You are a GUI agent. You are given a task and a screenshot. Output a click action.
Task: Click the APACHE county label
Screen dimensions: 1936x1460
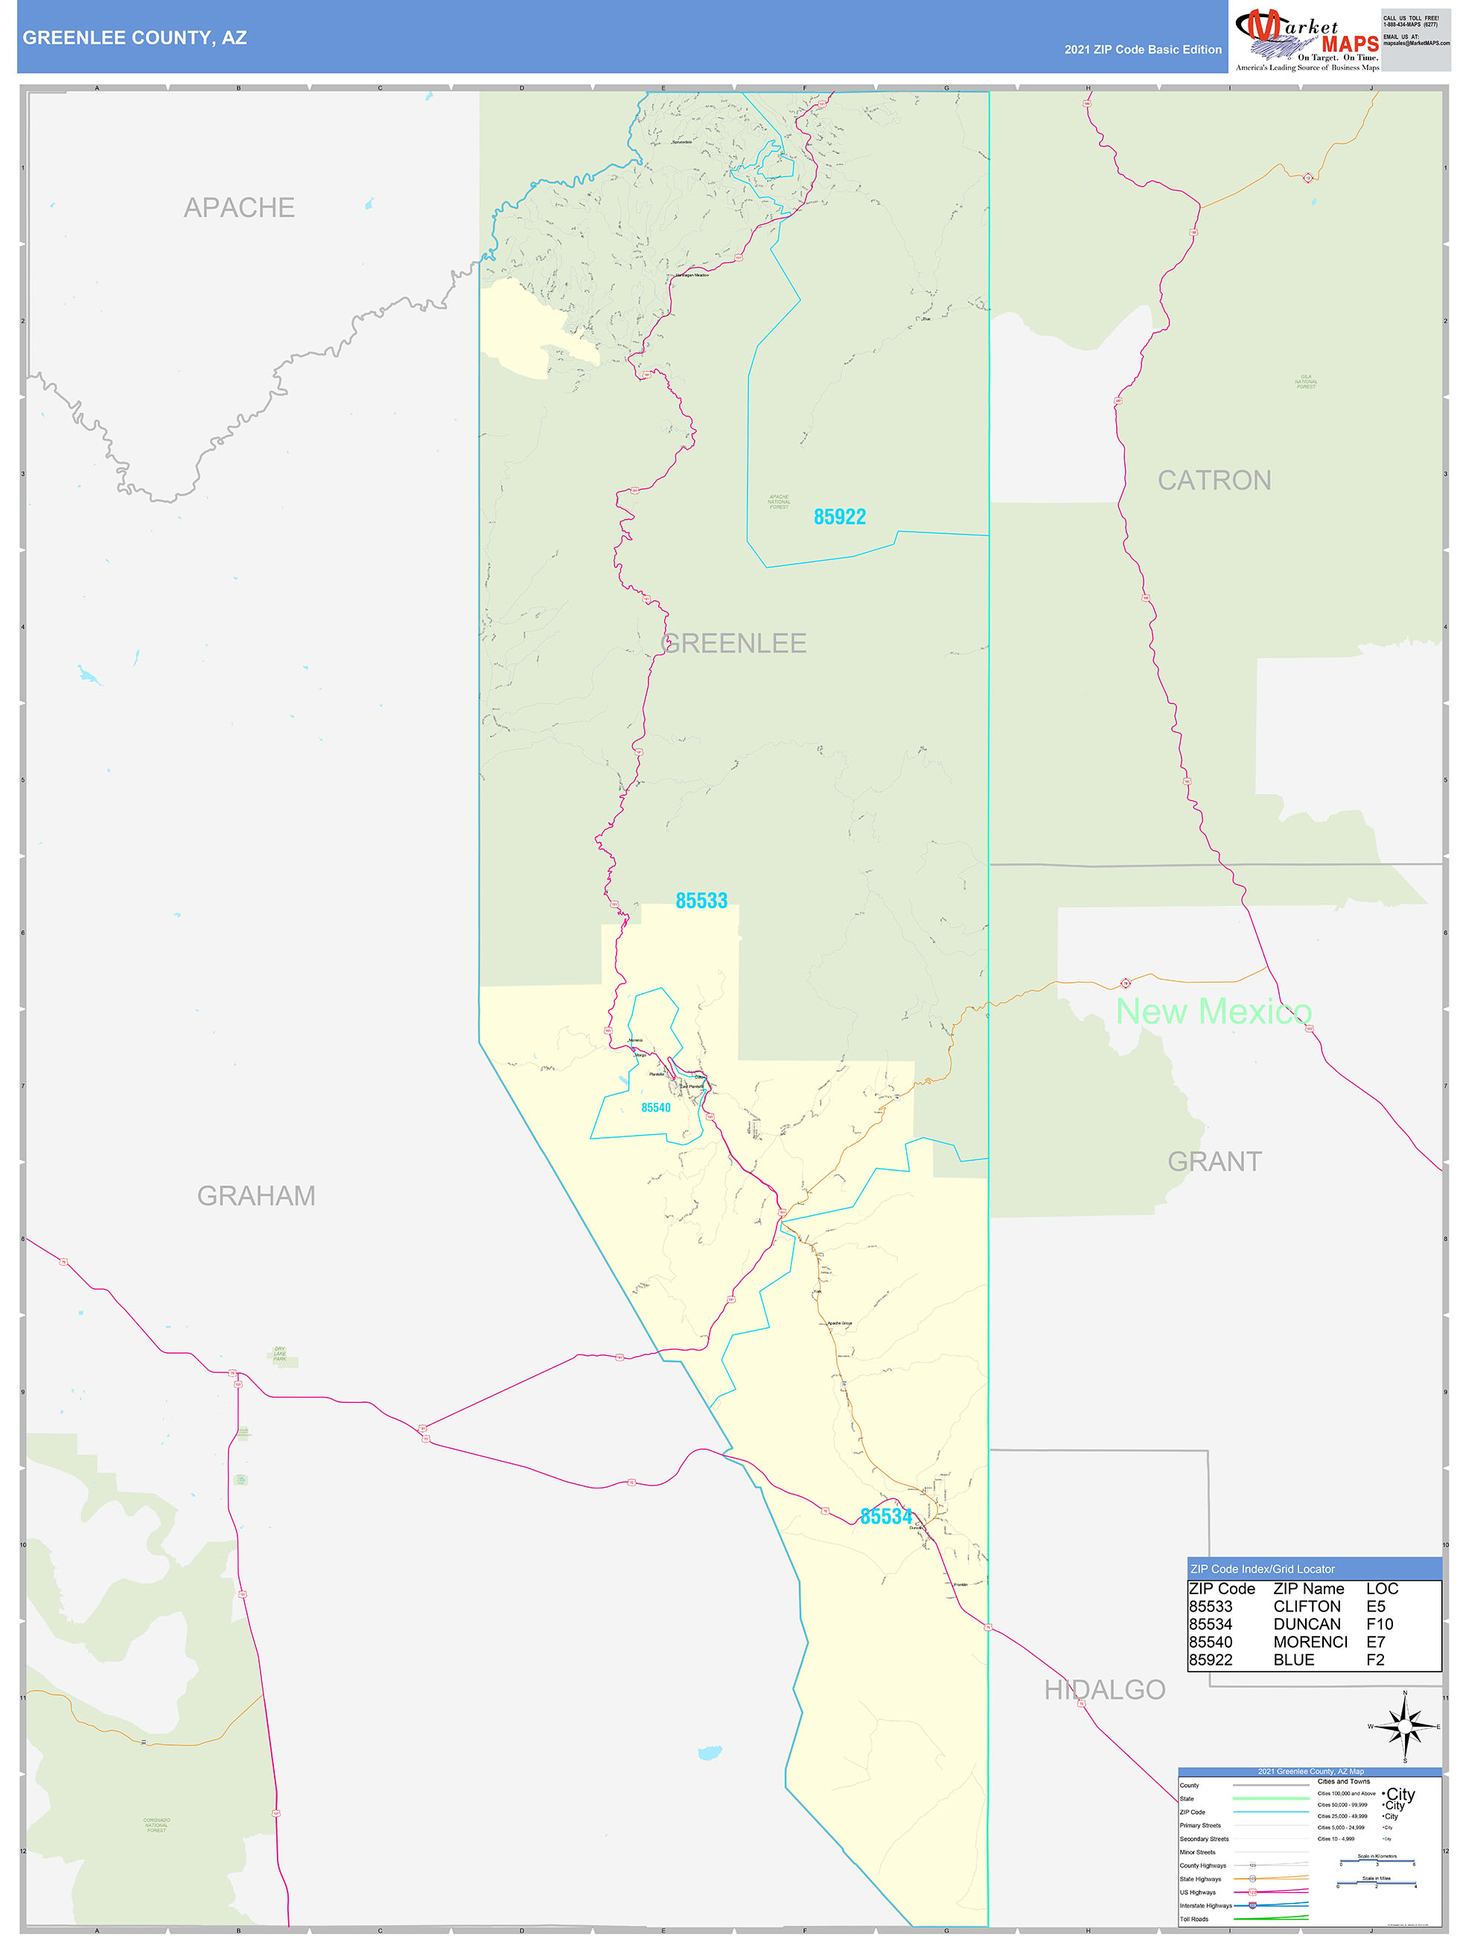[239, 208]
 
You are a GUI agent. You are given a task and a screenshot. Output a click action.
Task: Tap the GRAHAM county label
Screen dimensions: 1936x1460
[255, 1196]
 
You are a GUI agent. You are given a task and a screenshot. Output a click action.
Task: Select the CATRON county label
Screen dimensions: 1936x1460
[1214, 480]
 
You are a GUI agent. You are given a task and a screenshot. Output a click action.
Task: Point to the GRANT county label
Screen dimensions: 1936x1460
[1214, 1162]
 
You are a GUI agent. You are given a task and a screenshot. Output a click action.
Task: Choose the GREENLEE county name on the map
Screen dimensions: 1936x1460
[733, 643]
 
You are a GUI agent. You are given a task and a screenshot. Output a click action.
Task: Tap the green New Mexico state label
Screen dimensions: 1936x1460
[1213, 1012]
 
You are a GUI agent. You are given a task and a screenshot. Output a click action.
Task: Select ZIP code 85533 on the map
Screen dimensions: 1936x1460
[701, 900]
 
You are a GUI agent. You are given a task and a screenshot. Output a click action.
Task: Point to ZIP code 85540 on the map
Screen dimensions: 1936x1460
[656, 1108]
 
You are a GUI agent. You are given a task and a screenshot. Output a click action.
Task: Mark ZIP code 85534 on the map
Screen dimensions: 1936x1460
[886, 1517]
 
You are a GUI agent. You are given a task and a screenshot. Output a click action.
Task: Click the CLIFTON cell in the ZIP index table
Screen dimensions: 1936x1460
[1306, 1607]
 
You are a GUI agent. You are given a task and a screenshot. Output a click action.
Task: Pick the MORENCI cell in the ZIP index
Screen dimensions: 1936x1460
[1310, 1642]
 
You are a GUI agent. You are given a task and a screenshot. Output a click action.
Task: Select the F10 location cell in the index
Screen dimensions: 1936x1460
[1379, 1625]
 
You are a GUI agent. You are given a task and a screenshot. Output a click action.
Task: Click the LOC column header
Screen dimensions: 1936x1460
[1381, 1588]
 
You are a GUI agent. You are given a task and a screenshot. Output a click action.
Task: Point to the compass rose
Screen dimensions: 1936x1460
[1404, 1727]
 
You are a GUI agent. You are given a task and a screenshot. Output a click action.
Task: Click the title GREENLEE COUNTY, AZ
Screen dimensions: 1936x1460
[135, 38]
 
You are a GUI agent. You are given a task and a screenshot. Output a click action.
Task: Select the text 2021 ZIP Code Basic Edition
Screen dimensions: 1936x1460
[1142, 50]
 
